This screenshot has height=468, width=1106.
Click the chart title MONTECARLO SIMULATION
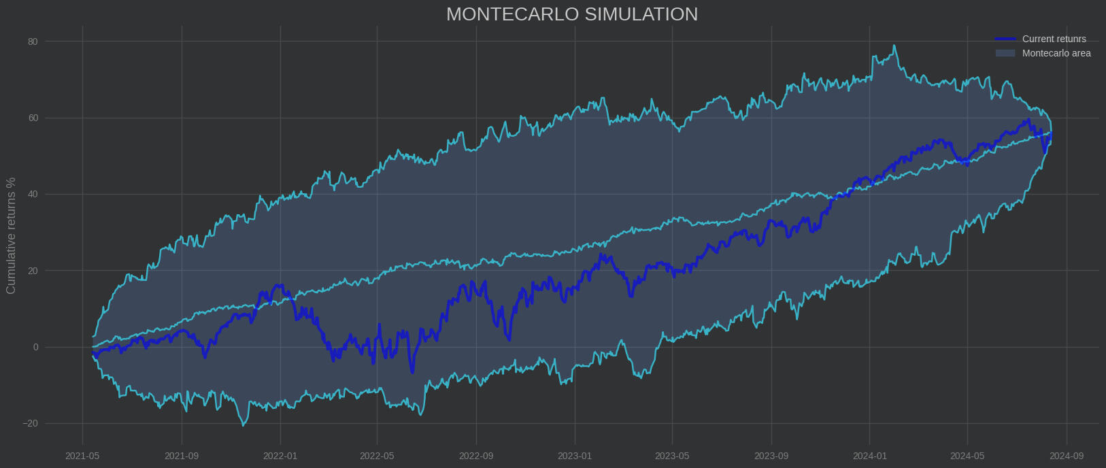(571, 14)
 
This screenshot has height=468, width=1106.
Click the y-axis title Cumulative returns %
(11, 235)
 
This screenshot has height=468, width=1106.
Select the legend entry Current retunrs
(1054, 39)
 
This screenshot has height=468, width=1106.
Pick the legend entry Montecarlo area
(1056, 53)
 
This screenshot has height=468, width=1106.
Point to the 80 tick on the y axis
(33, 41)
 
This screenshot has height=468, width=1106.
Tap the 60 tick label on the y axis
(33, 118)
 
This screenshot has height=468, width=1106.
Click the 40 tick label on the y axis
(33, 195)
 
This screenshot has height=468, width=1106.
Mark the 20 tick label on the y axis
(33, 271)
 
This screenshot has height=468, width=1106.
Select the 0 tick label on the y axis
(35, 348)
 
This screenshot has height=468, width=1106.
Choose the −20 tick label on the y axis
(30, 424)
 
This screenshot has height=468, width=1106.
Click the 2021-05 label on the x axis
(82, 456)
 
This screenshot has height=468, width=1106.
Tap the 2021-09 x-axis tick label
(182, 456)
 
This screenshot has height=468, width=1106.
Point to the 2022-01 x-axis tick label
(280, 456)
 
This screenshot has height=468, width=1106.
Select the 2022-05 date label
(377, 456)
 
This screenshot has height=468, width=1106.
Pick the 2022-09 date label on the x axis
(476, 456)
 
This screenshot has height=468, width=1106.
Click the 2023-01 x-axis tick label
(575, 456)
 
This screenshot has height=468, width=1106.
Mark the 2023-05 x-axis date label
(672, 456)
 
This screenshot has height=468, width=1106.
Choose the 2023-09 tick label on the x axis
(771, 456)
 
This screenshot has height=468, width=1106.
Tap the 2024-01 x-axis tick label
(870, 456)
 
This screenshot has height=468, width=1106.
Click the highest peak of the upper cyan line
(894, 46)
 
